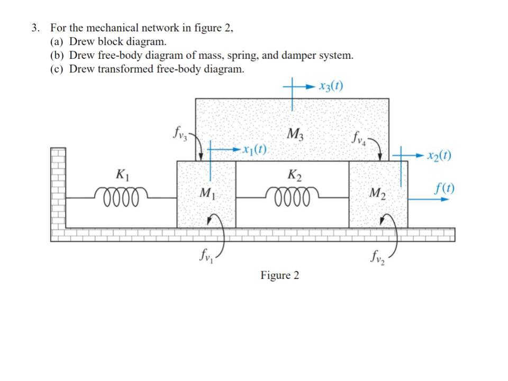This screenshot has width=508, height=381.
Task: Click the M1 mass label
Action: (206, 193)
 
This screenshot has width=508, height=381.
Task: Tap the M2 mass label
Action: (378, 194)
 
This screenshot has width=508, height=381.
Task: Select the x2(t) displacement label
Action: (439, 156)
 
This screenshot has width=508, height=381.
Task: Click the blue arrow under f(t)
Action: (429, 199)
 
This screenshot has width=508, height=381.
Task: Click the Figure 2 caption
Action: (279, 275)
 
